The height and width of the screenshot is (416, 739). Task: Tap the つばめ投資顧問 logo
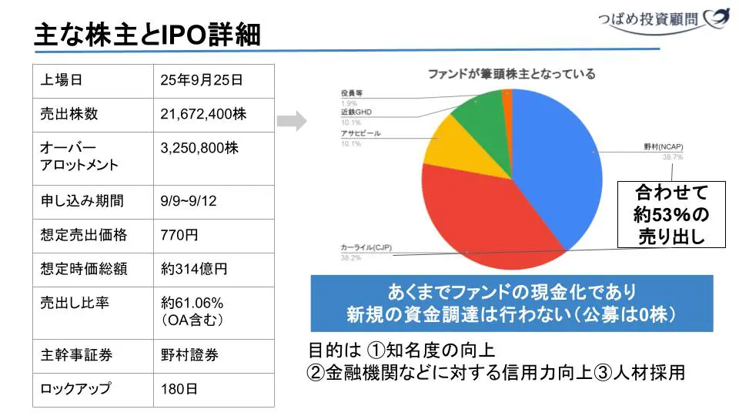point(661,20)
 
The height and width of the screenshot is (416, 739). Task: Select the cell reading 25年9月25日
point(202,80)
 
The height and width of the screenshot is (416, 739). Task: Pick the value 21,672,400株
point(203,114)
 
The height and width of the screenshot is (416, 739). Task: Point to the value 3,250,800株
point(199,148)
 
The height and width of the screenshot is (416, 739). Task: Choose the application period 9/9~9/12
point(189,201)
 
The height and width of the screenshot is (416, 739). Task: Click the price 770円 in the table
point(179,235)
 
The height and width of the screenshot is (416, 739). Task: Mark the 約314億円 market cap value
point(194,269)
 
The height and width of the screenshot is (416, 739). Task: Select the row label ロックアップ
point(75,389)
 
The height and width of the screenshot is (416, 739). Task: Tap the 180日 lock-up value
point(179,389)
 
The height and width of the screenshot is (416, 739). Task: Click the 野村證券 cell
point(189,355)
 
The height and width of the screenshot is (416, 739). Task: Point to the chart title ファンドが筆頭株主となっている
point(511,74)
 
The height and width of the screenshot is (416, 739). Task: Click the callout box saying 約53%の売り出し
point(672,214)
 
